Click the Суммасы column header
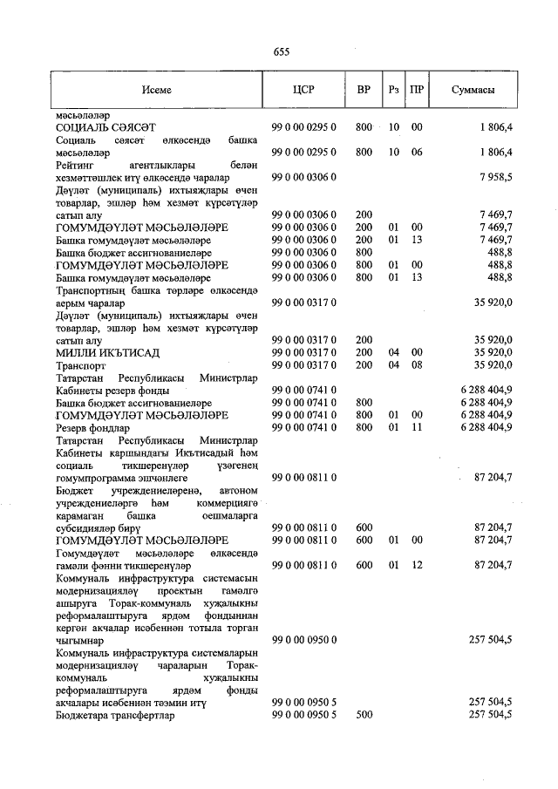point(474,90)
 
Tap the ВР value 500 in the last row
point(364,715)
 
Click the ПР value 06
point(417,152)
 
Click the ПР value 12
point(417,565)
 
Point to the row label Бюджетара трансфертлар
point(115,715)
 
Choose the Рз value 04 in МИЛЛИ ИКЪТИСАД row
point(394,352)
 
